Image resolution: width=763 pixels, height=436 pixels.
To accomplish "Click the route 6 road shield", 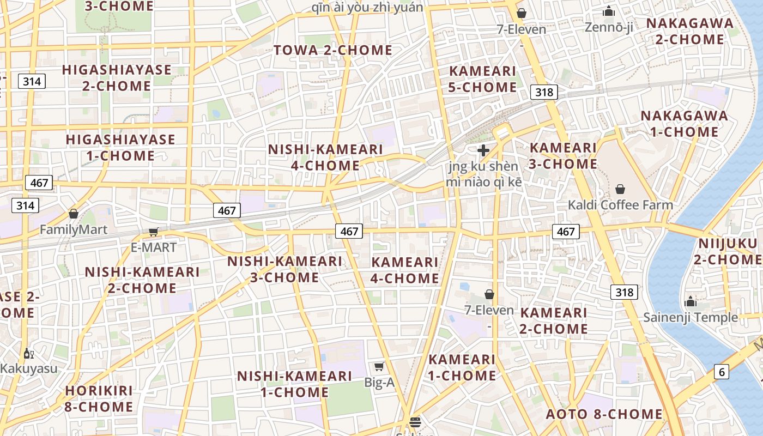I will (x=722, y=372).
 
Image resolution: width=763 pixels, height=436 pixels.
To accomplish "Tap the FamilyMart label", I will (x=74, y=230).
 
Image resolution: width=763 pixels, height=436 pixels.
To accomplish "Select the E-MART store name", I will (x=154, y=247).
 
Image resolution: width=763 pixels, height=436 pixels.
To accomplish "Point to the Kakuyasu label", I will (x=28, y=368).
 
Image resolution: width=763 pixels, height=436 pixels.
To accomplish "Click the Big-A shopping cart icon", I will (x=379, y=366).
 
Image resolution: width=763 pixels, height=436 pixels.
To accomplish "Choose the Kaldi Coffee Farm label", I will (x=620, y=205).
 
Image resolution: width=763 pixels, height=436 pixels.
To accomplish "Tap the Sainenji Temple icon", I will (x=691, y=301).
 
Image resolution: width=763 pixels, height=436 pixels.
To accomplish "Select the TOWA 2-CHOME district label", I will (x=333, y=50).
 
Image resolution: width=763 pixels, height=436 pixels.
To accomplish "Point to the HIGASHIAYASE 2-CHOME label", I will (x=117, y=78).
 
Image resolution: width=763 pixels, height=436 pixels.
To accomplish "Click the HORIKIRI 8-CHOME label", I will (x=99, y=399).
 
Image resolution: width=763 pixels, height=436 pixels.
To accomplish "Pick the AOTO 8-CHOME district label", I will (x=604, y=414).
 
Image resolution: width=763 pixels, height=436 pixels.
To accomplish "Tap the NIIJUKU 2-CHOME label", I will (x=729, y=251).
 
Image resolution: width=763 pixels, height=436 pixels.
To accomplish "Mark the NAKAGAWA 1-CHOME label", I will (x=684, y=124).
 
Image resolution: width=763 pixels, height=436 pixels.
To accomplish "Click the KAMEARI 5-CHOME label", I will (x=482, y=79).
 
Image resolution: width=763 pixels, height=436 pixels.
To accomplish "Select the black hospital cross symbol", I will (x=483, y=150).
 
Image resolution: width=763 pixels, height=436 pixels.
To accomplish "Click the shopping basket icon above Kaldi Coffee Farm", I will (x=620, y=189).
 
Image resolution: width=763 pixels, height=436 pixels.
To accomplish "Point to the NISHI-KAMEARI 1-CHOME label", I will (x=294, y=384).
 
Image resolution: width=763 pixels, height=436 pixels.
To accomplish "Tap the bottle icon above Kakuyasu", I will (x=28, y=354).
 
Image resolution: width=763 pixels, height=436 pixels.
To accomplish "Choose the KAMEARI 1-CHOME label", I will (x=462, y=367).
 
